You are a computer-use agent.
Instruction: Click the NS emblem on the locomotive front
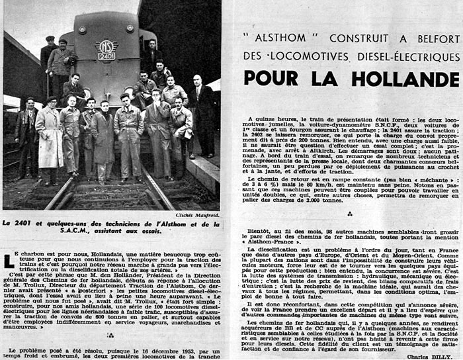pyautogui.click(x=107, y=46)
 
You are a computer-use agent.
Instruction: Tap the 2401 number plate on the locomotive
pyautogui.click(x=107, y=56)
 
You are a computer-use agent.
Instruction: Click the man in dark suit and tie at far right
pyautogui.click(x=200, y=109)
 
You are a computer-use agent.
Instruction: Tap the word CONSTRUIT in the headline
pyautogui.click(x=347, y=38)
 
